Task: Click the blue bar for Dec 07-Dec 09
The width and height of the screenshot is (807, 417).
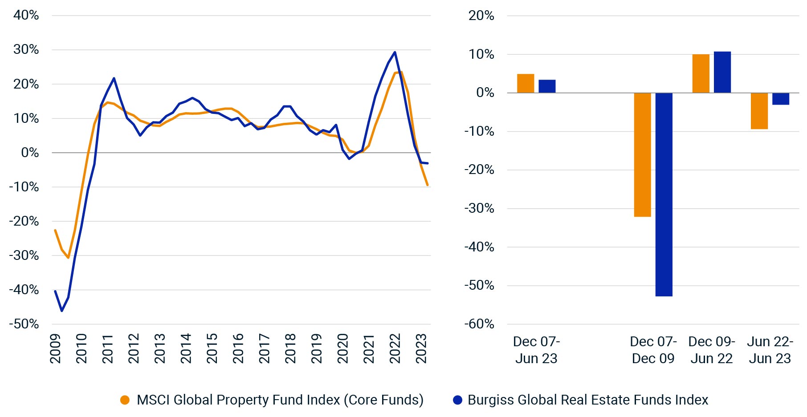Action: (x=664, y=194)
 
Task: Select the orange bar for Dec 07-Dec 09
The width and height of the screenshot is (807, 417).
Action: (x=642, y=155)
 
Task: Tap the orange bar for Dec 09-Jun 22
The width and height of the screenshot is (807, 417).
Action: (x=701, y=74)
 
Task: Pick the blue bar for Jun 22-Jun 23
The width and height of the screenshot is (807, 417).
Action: (x=780, y=99)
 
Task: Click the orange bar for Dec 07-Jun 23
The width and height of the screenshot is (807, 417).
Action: (x=526, y=84)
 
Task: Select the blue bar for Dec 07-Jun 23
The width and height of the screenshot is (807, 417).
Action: (x=547, y=86)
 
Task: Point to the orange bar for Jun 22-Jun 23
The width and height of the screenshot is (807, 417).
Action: (x=759, y=111)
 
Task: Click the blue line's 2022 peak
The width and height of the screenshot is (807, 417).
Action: (x=395, y=53)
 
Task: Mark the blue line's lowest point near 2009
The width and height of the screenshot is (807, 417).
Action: (x=61, y=311)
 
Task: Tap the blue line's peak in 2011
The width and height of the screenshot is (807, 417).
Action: (x=114, y=78)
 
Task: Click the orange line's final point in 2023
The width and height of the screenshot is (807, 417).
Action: (x=428, y=185)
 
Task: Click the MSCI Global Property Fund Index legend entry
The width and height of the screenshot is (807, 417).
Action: (x=280, y=400)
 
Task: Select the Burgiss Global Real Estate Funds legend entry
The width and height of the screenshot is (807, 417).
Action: (x=587, y=400)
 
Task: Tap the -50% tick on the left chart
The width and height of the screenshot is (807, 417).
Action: (x=24, y=324)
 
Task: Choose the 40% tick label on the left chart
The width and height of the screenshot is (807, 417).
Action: (x=26, y=15)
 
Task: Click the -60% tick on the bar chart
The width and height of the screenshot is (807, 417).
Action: (x=479, y=324)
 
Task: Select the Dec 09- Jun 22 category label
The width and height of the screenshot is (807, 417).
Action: (x=711, y=350)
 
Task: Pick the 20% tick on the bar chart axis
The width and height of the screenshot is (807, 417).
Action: (x=481, y=16)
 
